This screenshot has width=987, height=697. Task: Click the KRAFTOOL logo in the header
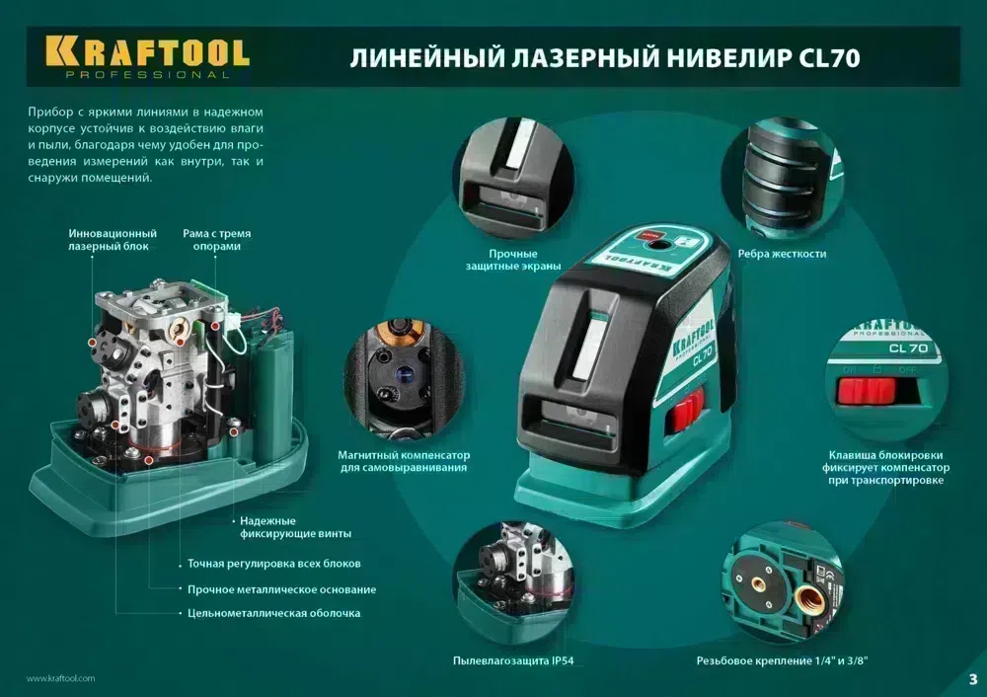point(146,50)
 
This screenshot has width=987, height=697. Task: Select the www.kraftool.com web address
point(60,678)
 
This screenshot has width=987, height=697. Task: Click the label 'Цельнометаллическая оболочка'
point(273,613)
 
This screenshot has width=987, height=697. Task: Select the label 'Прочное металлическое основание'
point(281,589)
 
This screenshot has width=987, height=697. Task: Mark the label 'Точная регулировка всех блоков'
point(273,564)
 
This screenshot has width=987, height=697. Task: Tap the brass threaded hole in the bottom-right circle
point(812,595)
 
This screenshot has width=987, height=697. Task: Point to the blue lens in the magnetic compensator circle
point(403,378)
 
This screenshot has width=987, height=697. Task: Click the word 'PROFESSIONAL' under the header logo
point(146,75)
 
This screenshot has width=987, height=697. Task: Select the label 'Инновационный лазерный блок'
point(113,240)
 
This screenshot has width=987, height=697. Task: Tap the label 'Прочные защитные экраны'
point(513,260)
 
